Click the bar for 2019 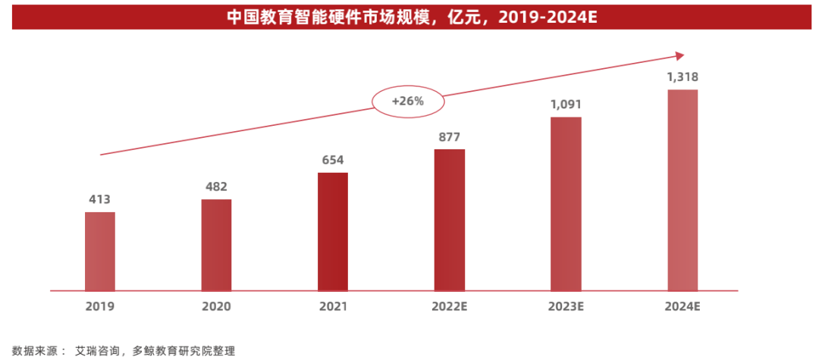coord(100,251)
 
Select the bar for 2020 coord(216,245)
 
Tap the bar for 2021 coord(333,231)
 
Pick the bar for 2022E coord(449,220)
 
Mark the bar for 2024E coord(682,189)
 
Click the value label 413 coord(100,200)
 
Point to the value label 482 coord(216,186)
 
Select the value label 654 coord(333,160)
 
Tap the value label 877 coord(449,137)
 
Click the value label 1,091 coord(566,105)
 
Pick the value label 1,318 coord(682,77)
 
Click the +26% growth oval coord(408,102)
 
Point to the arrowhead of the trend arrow coord(679,55)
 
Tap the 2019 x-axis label coord(100,307)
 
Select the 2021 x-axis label coord(333,307)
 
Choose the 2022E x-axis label coord(449,307)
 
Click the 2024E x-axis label coord(682,307)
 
